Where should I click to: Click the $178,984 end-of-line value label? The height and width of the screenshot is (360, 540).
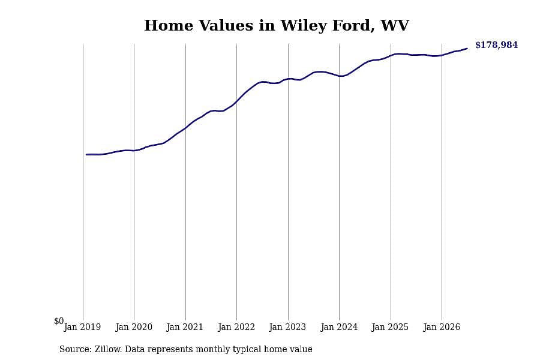click(x=496, y=45)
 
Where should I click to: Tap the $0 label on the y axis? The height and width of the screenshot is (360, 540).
click(x=59, y=321)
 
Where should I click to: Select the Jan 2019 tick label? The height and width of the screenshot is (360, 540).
click(x=82, y=327)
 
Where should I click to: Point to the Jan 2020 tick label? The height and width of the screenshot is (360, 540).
click(x=134, y=327)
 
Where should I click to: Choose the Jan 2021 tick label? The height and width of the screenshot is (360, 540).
click(x=185, y=327)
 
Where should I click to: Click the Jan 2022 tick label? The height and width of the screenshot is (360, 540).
click(x=236, y=327)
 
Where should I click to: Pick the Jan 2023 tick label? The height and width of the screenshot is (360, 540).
click(x=287, y=327)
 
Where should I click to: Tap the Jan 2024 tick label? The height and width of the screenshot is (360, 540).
click(x=339, y=327)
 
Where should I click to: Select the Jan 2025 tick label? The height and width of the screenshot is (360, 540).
click(x=390, y=327)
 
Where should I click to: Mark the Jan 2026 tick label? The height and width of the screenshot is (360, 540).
click(x=442, y=327)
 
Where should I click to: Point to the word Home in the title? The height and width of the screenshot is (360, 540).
click(x=169, y=25)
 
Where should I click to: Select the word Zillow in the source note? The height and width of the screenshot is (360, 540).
click(x=108, y=349)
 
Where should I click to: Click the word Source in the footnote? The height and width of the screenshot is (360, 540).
click(x=76, y=349)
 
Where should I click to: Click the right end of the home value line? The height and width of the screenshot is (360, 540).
click(x=467, y=49)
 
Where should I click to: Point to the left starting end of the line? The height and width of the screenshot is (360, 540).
click(x=86, y=155)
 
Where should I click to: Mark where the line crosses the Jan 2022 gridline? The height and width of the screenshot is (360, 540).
click(x=236, y=101)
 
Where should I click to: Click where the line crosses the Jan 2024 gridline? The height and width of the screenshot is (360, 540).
click(x=339, y=76)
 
